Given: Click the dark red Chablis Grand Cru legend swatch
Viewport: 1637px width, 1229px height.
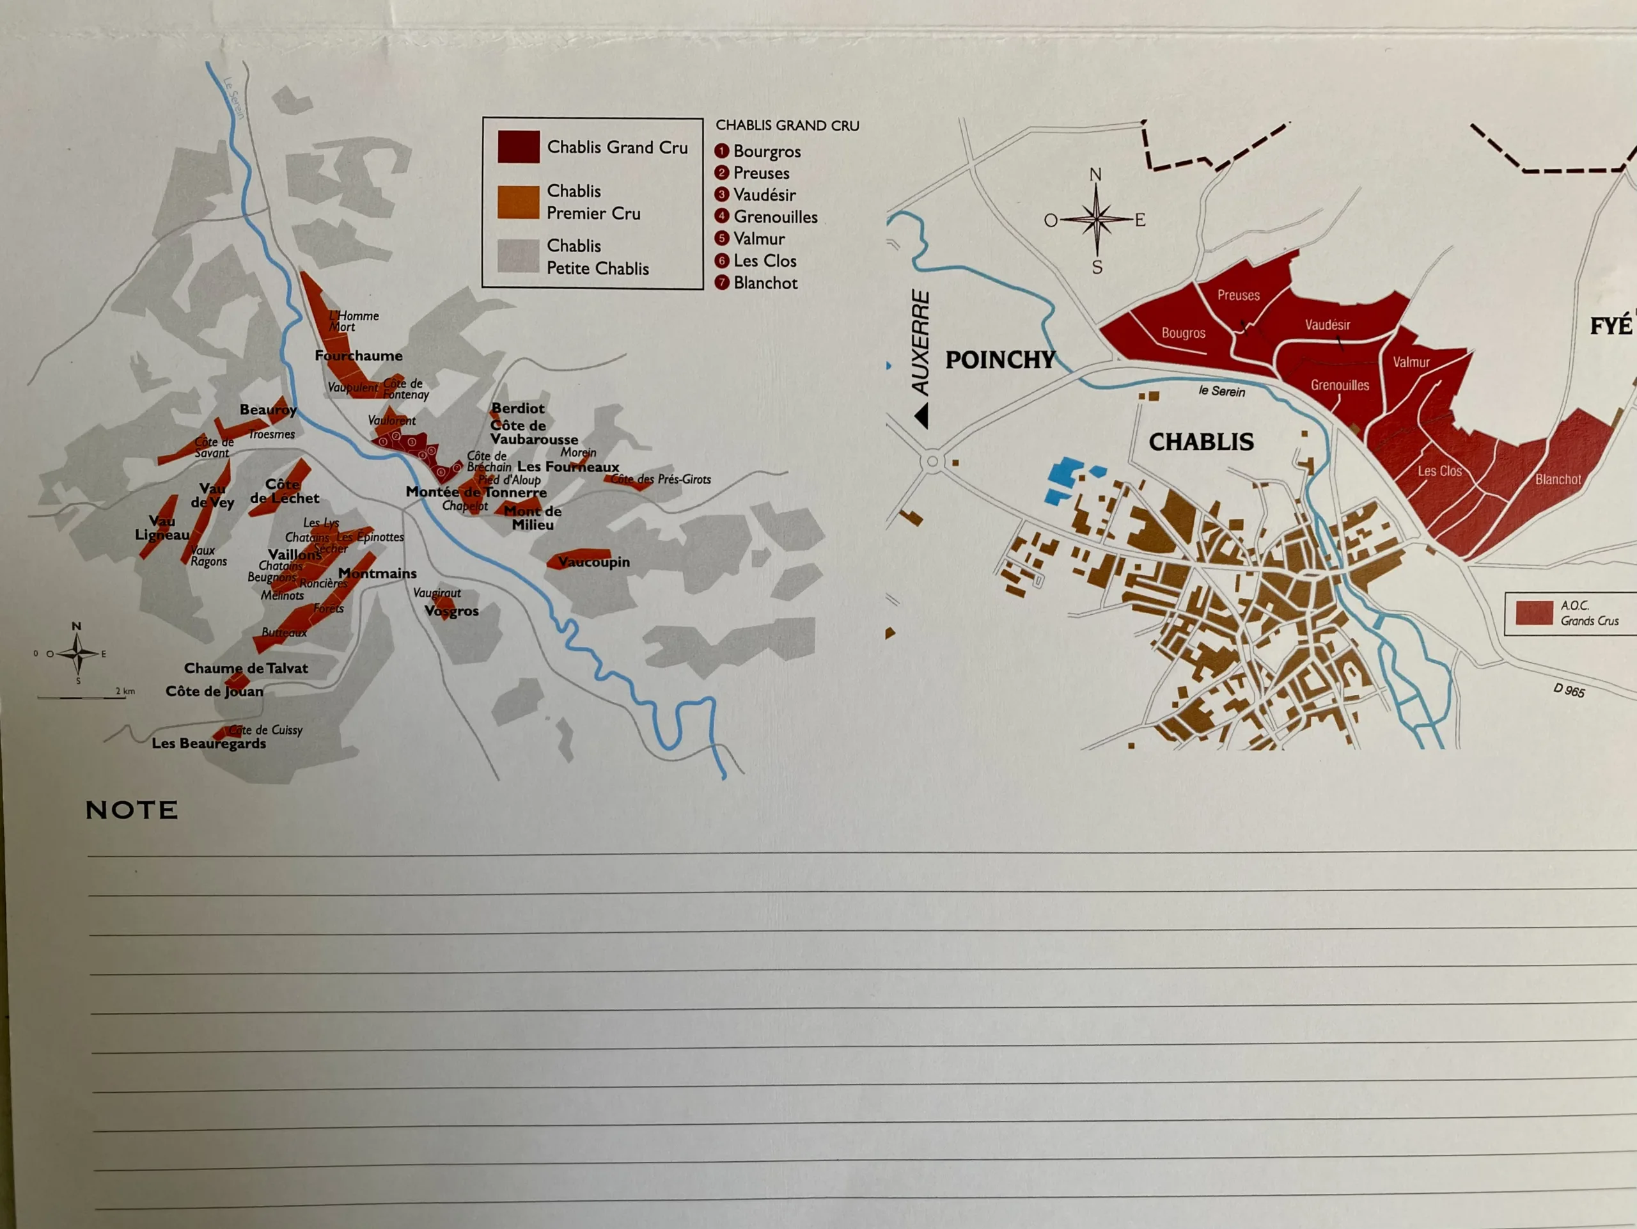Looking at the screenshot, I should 518,147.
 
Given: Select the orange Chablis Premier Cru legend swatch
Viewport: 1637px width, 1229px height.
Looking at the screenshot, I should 518,202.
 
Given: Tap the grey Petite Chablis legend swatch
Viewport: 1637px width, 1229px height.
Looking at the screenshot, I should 518,256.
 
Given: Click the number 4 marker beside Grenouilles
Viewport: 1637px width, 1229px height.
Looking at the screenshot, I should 721,216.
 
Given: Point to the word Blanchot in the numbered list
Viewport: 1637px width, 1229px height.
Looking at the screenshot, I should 765,283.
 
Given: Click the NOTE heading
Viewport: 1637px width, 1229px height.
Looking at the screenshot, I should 132,810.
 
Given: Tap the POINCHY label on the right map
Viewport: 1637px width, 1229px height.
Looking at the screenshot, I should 1000,360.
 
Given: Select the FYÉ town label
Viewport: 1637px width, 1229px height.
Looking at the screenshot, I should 1610,326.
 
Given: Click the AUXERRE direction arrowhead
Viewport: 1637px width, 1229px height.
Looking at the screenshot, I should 921,415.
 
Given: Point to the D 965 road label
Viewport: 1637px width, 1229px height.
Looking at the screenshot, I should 1569,690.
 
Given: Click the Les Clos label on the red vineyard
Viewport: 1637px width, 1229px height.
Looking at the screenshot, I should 1439,471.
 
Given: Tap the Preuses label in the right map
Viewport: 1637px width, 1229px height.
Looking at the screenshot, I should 1238,296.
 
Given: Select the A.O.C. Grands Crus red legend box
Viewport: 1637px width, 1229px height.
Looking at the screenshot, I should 1533,613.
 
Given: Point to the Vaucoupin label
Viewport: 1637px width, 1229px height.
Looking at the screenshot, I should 593,562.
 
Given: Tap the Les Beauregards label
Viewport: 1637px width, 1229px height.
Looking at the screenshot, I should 208,743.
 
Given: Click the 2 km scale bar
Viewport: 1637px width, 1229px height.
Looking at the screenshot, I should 81,697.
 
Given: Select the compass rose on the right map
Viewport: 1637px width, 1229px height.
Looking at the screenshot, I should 1096,219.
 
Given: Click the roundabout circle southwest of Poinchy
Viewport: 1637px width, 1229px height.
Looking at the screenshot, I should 932,462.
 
